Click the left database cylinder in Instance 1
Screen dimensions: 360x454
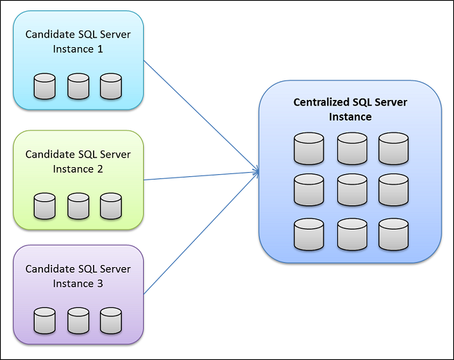pos(44,86)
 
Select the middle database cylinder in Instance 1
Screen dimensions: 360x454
pos(78,86)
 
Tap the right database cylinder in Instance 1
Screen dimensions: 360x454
pos(110,86)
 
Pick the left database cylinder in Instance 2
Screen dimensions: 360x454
pos(44,206)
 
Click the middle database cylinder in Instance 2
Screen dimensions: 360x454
pos(78,206)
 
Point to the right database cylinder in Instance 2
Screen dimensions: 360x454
pos(110,206)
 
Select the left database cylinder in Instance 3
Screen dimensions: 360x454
pos(44,320)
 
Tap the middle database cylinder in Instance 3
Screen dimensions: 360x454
pos(78,320)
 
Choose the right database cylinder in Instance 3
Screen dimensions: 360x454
pos(110,320)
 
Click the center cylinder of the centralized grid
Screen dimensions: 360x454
pos(352,190)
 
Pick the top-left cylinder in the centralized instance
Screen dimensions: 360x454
pos(309,148)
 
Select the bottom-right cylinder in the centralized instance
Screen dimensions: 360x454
pos(394,234)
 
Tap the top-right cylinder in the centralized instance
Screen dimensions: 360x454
pos(394,148)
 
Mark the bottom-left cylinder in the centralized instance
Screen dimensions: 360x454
pos(309,234)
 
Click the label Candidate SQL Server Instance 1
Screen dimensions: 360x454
pos(78,42)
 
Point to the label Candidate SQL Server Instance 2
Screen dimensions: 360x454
pos(78,162)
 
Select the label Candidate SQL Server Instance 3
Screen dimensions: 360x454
pos(78,276)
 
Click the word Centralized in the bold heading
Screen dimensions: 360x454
pos(323,103)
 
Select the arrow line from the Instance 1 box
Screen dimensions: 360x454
pos(201,117)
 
